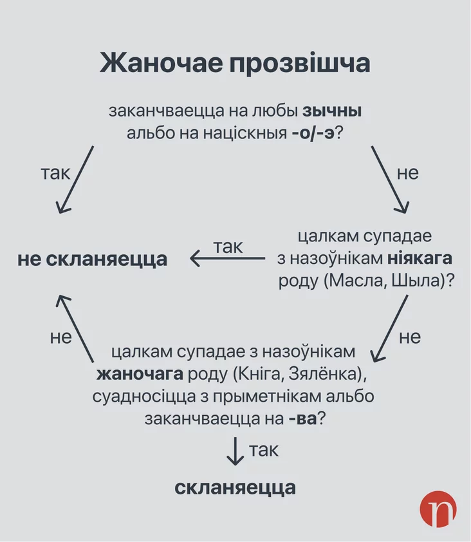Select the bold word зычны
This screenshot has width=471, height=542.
coord(332,111)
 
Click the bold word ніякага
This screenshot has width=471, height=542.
coord(420,259)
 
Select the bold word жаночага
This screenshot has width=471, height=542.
coord(139,374)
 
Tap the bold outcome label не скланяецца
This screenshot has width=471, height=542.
coord(92,259)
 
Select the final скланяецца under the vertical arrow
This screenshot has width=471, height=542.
coord(235,487)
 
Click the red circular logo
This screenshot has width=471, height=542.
coord(438,510)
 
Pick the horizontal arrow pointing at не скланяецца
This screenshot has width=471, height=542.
coord(227,259)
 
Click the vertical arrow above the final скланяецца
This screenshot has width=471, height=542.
coord(235,451)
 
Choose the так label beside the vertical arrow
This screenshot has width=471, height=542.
coord(264,450)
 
